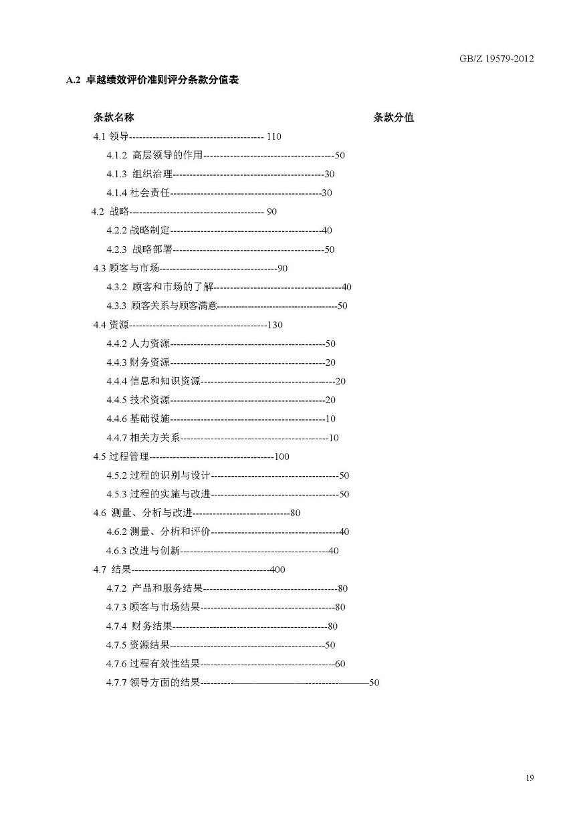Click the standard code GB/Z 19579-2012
(496, 59)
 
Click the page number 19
(530, 778)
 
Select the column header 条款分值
(394, 118)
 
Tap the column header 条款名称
(114, 118)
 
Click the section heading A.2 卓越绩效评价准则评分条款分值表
(153, 80)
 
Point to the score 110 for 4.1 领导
(273, 136)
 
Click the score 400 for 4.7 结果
(277, 570)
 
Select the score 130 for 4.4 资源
(275, 325)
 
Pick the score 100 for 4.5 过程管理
(281, 457)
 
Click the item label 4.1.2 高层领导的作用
(154, 155)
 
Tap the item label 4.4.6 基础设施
(138, 419)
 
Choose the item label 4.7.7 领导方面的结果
(153, 683)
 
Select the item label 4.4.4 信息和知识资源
(153, 381)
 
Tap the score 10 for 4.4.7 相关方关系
(334, 438)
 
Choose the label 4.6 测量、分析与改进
(142, 513)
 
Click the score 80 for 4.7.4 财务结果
(333, 626)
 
